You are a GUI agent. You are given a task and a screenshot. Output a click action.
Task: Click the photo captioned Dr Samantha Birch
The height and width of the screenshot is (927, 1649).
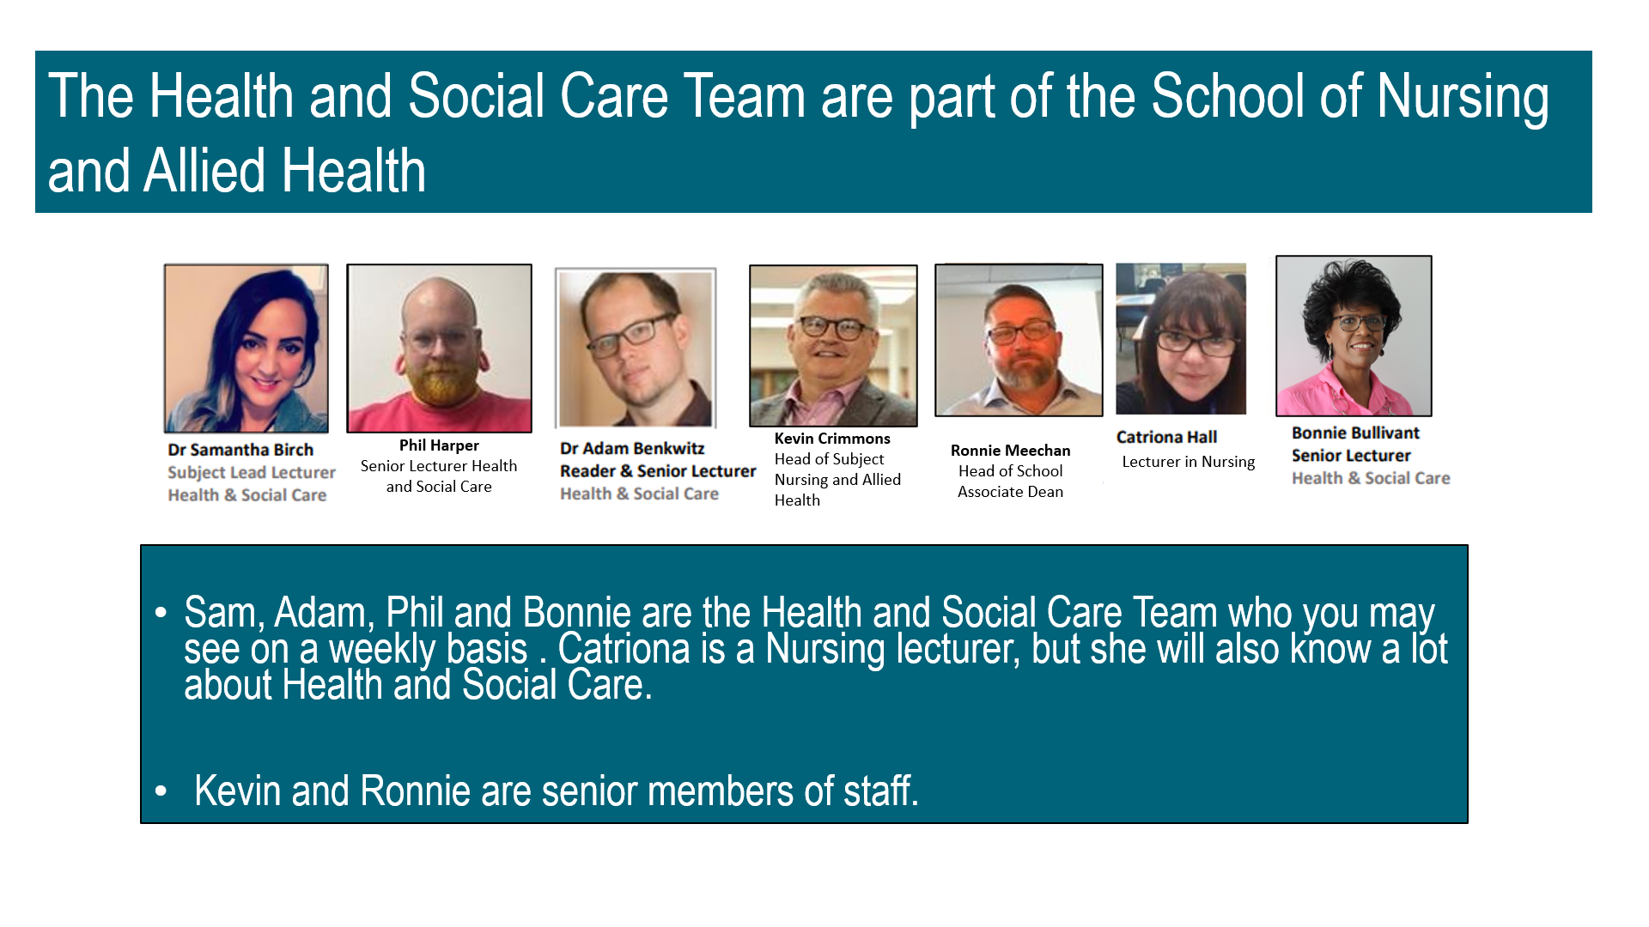click(x=246, y=348)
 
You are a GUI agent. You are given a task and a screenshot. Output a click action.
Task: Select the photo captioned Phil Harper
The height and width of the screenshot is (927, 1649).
click(x=439, y=348)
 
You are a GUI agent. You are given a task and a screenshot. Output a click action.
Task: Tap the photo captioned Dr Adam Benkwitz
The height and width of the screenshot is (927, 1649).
click(x=636, y=348)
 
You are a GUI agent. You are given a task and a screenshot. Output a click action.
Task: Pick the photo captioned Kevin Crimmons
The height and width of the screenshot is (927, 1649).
click(x=833, y=346)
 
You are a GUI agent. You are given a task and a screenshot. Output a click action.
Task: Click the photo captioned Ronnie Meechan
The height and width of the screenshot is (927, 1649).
click(x=1019, y=340)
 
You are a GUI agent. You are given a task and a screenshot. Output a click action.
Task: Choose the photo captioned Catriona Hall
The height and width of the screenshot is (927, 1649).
click(x=1181, y=339)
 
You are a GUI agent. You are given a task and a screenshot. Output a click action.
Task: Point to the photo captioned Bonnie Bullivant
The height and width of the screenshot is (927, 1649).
click(x=1354, y=336)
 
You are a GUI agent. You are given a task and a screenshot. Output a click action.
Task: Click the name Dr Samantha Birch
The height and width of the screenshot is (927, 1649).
click(x=240, y=450)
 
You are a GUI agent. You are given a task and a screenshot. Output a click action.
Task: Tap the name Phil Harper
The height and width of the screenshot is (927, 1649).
click(x=439, y=445)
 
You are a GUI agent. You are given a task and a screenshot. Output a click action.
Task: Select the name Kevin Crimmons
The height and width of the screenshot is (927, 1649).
click(x=832, y=439)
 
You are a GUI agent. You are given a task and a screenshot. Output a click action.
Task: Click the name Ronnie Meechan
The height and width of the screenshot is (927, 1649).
click(x=1010, y=451)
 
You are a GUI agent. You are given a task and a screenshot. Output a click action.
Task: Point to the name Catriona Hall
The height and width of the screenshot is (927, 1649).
click(x=1166, y=437)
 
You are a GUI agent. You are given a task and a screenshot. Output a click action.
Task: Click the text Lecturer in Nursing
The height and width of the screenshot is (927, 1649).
click(x=1188, y=462)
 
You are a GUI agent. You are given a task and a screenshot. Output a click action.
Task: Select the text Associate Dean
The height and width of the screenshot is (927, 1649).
click(x=1010, y=492)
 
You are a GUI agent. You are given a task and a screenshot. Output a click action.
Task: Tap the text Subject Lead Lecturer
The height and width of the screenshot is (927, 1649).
click(x=252, y=473)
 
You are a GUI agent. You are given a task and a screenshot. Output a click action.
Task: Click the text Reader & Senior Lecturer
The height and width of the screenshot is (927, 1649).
click(x=658, y=471)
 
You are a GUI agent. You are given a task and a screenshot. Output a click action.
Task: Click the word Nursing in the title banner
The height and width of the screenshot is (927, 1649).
click(x=1463, y=97)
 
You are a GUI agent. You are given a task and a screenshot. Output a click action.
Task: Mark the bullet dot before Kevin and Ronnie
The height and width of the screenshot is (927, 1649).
click(x=161, y=791)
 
